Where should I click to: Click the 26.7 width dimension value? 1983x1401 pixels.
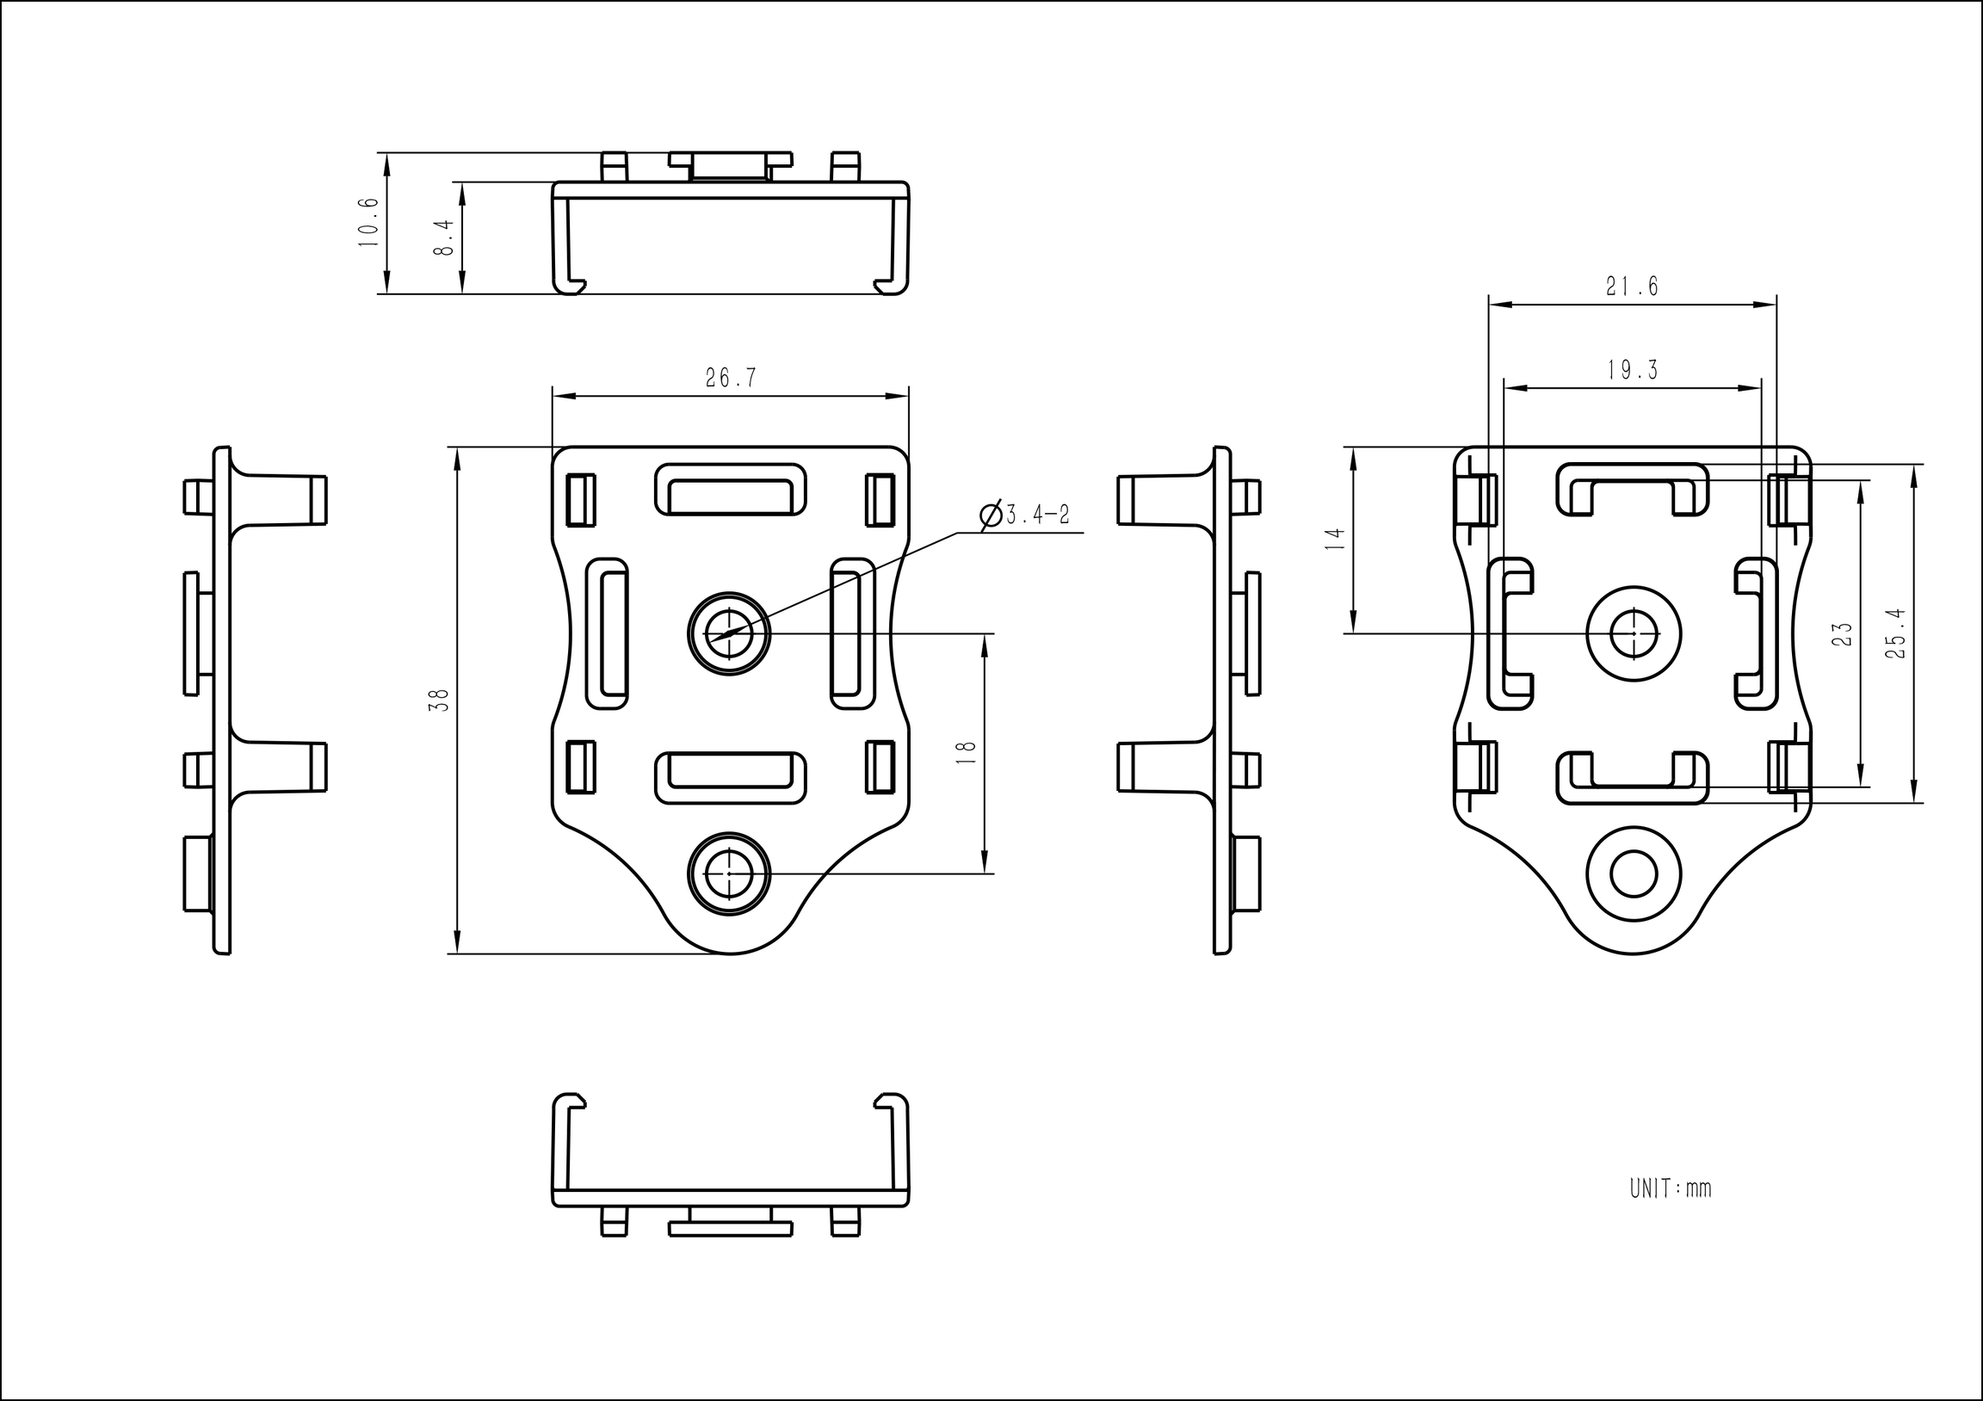click(731, 379)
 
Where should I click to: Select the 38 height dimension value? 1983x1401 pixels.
click(440, 700)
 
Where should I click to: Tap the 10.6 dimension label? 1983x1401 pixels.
click(368, 222)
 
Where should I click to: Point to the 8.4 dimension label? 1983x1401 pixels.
click(443, 237)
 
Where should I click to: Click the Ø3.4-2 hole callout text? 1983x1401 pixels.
click(1026, 515)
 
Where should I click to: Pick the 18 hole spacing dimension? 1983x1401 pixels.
click(967, 751)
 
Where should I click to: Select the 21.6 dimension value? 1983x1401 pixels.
click(1632, 287)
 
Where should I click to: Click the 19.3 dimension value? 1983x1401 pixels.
click(1632, 371)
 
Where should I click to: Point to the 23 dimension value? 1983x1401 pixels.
click(1842, 634)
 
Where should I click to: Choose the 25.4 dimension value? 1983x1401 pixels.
click(1896, 634)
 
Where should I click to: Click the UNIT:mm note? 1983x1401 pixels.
click(1671, 1189)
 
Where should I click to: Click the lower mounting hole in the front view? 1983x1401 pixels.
click(729, 873)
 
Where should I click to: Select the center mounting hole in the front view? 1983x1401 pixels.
click(729, 634)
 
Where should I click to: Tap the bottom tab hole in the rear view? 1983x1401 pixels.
click(1633, 874)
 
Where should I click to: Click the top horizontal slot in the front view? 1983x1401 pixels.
click(731, 490)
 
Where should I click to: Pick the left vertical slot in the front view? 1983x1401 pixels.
click(607, 634)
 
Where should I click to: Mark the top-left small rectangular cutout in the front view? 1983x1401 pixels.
click(580, 500)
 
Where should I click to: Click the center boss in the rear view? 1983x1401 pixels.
click(1634, 633)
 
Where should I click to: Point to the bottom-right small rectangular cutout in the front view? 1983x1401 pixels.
click(880, 767)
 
